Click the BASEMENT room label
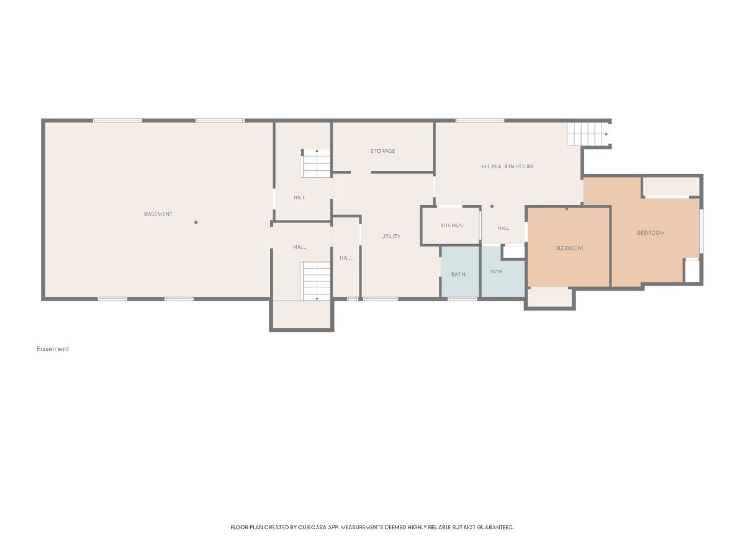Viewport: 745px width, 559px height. (x=158, y=214)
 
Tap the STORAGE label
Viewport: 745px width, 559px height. (x=382, y=151)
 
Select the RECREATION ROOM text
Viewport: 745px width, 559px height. (x=507, y=166)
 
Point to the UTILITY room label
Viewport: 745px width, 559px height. (x=391, y=236)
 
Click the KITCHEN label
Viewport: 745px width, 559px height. (x=451, y=225)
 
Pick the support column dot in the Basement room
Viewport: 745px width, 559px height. (x=196, y=222)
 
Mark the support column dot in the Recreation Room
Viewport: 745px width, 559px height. (x=492, y=206)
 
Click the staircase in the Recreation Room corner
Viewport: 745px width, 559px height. (x=588, y=134)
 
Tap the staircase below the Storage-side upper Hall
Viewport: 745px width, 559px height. (x=316, y=163)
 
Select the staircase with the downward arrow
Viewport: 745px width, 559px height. (x=316, y=281)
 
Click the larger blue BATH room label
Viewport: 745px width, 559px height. (x=458, y=275)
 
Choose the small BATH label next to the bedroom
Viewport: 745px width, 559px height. (x=496, y=271)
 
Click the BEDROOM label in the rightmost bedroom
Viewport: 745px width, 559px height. (x=651, y=233)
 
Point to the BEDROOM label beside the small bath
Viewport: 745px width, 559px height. (x=569, y=248)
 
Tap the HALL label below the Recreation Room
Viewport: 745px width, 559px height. (x=503, y=228)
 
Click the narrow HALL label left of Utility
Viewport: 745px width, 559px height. (x=346, y=258)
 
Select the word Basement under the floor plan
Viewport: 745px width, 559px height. (x=53, y=348)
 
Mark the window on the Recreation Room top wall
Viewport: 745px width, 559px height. (x=479, y=120)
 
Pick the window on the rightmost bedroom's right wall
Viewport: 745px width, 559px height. (x=702, y=231)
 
